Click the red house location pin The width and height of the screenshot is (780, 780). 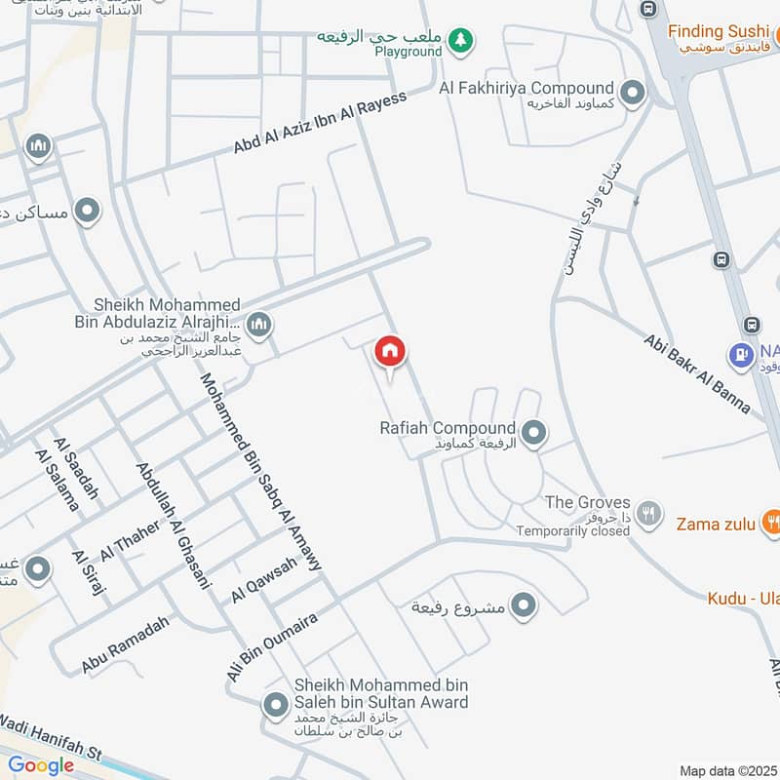pos(390,352)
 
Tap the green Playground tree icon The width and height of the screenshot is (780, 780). pos(462,39)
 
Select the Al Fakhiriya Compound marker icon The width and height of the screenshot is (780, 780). pos(634,94)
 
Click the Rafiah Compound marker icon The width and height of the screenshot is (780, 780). pos(532,432)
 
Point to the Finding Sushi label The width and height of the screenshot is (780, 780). pos(721,31)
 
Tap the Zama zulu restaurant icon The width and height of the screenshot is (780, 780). pos(772,523)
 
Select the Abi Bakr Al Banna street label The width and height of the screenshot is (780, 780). pos(696,374)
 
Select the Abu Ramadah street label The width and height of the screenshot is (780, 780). pos(125,644)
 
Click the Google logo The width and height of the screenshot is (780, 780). pos(41,765)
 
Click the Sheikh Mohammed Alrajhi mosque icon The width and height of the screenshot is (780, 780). pos(258,325)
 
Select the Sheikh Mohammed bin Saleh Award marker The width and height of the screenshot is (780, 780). pos(277,704)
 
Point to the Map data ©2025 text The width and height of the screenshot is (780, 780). pos(727,770)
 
